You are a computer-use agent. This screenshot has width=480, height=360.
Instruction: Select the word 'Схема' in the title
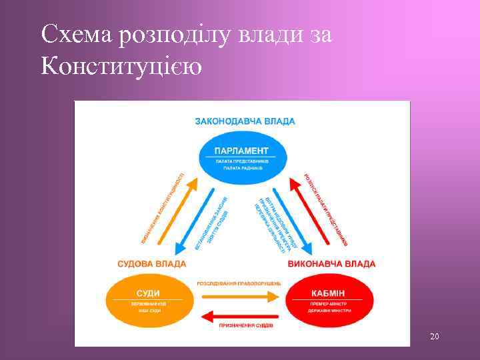tap(75, 35)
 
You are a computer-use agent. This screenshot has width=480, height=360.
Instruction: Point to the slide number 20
tap(434, 337)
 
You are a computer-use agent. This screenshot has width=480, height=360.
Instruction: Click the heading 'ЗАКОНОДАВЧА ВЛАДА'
tap(245, 121)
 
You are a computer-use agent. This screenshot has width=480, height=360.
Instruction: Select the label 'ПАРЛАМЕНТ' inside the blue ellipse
tap(241, 151)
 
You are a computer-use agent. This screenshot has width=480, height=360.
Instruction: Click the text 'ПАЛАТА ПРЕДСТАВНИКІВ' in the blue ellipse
tap(242, 161)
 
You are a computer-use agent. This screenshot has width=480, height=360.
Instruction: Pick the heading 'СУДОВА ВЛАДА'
tap(152, 264)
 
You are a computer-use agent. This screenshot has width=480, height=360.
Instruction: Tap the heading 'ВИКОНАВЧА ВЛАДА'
tap(331, 264)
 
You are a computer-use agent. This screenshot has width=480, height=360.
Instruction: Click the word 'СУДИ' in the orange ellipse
tap(147, 293)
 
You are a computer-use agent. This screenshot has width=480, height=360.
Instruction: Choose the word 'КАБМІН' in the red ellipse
tap(327, 293)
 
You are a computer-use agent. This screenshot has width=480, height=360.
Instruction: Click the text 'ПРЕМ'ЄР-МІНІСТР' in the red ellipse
tap(327, 304)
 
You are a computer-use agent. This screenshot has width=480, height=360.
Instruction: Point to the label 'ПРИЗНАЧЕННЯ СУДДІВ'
tap(245, 325)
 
